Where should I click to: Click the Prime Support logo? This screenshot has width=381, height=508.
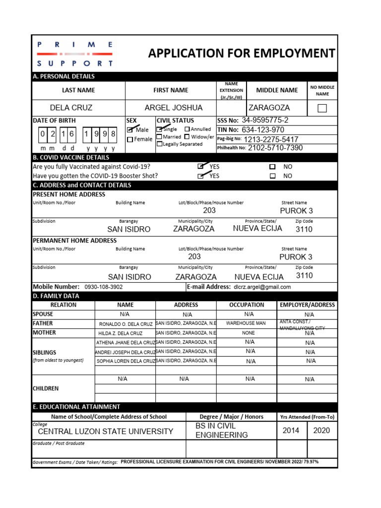[75, 54]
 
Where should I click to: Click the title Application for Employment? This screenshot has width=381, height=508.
[242, 53]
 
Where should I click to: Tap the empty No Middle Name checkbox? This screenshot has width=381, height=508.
[322, 108]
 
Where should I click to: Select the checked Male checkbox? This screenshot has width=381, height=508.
[130, 129]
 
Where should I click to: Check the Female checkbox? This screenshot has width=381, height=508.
[130, 139]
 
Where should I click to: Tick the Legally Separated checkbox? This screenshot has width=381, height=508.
[159, 144]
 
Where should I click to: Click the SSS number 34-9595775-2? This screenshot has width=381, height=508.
[264, 120]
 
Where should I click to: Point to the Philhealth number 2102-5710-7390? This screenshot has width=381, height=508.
[275, 148]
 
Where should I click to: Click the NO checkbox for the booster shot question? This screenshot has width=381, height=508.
[272, 176]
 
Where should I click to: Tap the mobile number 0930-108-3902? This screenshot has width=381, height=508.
[104, 287]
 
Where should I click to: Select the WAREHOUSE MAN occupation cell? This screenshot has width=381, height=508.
[246, 323]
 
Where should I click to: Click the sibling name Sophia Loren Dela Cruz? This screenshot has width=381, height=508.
[126, 361]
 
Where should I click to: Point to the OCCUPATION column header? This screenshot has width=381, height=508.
[247, 305]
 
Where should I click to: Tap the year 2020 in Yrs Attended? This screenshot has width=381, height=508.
[321, 430]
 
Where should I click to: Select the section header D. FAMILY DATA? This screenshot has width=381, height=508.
[56, 296]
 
